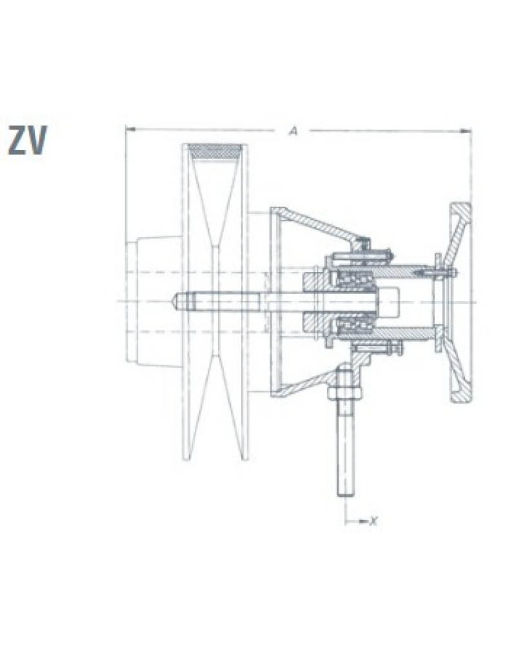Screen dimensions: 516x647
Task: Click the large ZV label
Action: coord(28,140)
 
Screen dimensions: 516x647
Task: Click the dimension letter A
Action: coord(293,131)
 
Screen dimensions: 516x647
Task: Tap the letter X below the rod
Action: coord(373,521)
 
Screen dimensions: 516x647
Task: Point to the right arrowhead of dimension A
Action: coord(466,131)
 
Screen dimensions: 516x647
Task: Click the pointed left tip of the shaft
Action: coord(175,301)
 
